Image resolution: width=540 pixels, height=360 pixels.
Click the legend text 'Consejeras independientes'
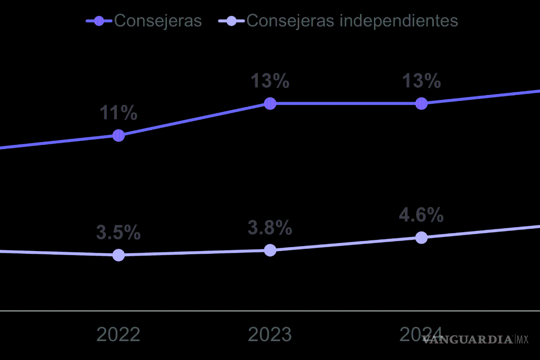coord(352,21)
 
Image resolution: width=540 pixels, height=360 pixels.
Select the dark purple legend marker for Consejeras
coord(99,21)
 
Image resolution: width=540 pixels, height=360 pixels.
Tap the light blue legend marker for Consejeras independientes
coord(231,21)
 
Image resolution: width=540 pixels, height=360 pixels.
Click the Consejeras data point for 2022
coord(118,135)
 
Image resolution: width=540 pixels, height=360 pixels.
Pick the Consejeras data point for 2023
coord(270,103)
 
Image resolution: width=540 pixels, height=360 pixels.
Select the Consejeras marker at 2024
coord(421,103)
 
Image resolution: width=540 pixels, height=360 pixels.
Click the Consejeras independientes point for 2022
coord(118,255)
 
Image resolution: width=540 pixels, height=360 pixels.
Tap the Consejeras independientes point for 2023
coord(270,250)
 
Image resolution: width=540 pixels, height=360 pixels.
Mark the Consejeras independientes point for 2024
coord(421,238)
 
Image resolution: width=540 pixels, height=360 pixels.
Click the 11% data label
coord(118,113)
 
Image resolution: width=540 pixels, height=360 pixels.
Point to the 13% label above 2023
coord(270,81)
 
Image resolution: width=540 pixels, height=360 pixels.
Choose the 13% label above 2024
coord(421,81)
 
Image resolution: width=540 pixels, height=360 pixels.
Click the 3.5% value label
coord(118,233)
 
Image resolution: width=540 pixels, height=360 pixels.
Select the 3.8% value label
coord(270,228)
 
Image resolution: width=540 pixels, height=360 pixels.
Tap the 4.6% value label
coord(421,216)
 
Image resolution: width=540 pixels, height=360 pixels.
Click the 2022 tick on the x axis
coord(118,335)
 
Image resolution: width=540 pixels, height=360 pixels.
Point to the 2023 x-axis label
coord(270,335)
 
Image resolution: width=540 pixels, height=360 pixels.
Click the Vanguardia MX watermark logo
coord(475,339)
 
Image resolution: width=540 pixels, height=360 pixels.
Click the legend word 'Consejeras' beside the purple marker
coord(158,21)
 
